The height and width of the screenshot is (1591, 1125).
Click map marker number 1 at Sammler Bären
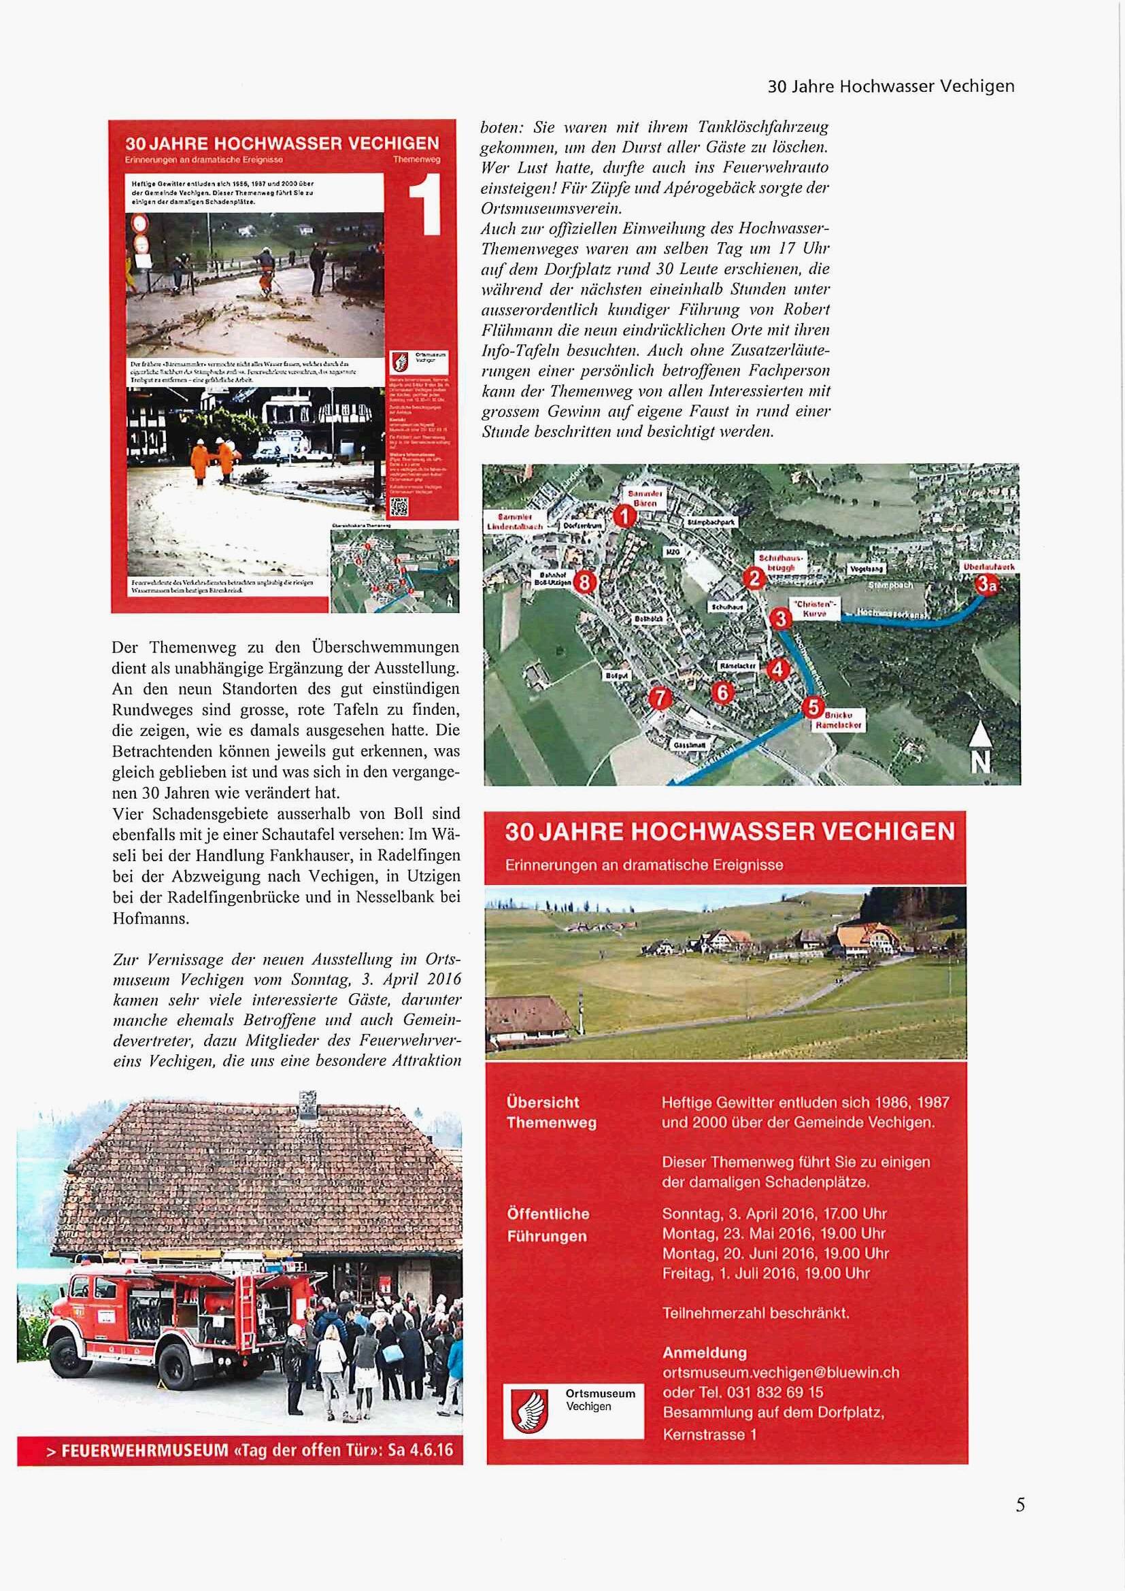(625, 516)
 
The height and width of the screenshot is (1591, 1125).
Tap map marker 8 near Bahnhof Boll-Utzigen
(586, 582)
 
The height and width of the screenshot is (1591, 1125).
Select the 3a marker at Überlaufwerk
(986, 586)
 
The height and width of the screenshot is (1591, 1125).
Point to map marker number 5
(812, 707)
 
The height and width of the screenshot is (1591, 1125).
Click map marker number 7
(660, 698)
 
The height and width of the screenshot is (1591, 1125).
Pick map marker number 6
(722, 692)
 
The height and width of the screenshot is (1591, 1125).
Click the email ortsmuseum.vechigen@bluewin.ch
(781, 1372)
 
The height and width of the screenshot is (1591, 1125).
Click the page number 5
(1020, 1505)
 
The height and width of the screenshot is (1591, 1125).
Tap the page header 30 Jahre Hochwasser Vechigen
(891, 86)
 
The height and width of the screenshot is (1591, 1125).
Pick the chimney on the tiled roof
(307, 1103)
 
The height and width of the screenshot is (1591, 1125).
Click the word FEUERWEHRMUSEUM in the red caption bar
(144, 1450)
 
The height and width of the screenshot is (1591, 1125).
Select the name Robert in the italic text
(807, 309)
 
